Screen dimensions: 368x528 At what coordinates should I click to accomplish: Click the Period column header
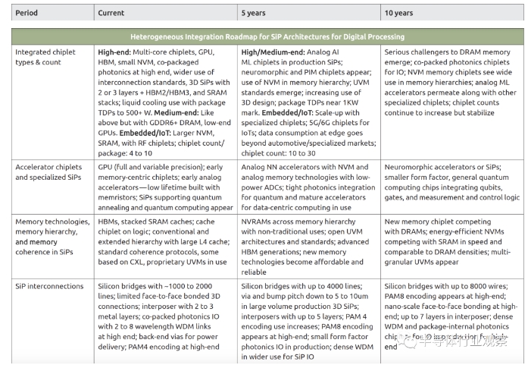pos(28,13)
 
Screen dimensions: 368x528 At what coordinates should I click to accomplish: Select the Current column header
pos(111,13)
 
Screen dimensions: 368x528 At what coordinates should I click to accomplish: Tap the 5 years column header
pos(253,13)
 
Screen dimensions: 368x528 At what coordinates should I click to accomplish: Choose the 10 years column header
pos(398,13)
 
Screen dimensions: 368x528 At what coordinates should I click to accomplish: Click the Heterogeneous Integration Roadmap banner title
pos(267,36)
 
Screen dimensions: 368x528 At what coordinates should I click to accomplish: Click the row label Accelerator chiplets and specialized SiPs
pos(49,171)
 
